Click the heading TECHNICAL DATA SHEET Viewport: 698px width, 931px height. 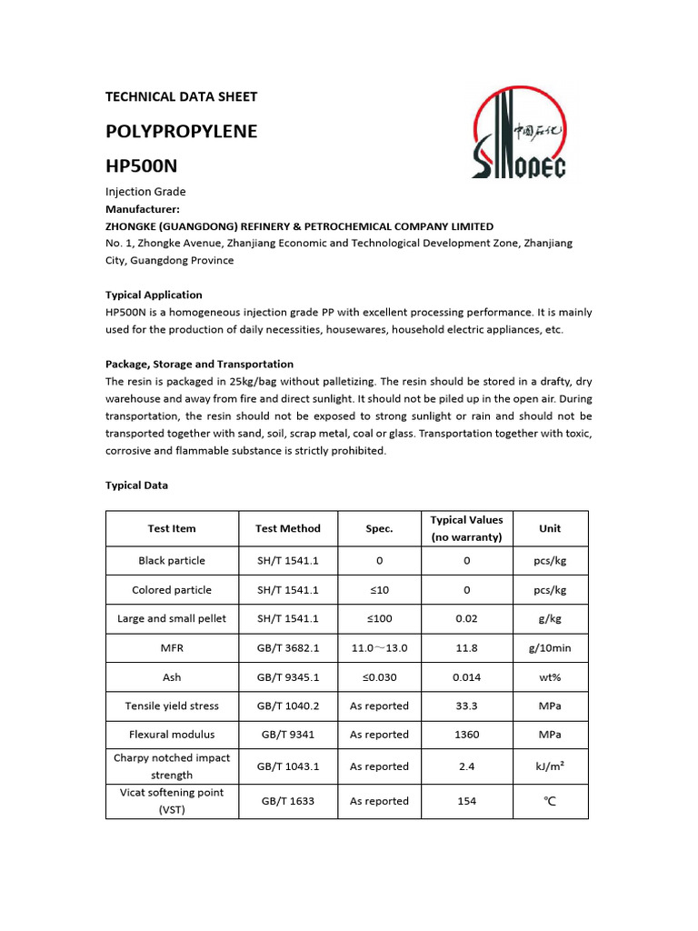[x=181, y=96]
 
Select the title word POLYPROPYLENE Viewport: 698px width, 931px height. [x=181, y=131]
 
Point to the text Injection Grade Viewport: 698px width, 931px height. [x=145, y=192]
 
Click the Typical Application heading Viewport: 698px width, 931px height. [x=154, y=295]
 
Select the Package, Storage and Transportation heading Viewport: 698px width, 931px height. [x=199, y=364]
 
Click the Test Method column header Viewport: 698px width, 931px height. [x=287, y=528]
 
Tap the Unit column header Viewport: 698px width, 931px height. [x=550, y=528]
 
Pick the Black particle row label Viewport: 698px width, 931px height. [x=172, y=561]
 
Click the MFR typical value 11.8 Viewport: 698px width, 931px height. [x=466, y=648]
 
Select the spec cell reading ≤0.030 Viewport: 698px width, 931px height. [x=379, y=677]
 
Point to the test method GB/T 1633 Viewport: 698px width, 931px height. [x=287, y=801]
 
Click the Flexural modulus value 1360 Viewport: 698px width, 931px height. [x=466, y=735]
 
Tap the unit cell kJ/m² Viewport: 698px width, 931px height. [x=550, y=766]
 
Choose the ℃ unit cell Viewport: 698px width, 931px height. [x=550, y=801]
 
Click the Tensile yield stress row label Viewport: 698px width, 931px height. [x=172, y=706]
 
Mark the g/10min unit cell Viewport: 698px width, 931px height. [x=550, y=648]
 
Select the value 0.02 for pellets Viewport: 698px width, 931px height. [x=466, y=619]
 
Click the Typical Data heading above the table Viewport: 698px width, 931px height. [x=136, y=486]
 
